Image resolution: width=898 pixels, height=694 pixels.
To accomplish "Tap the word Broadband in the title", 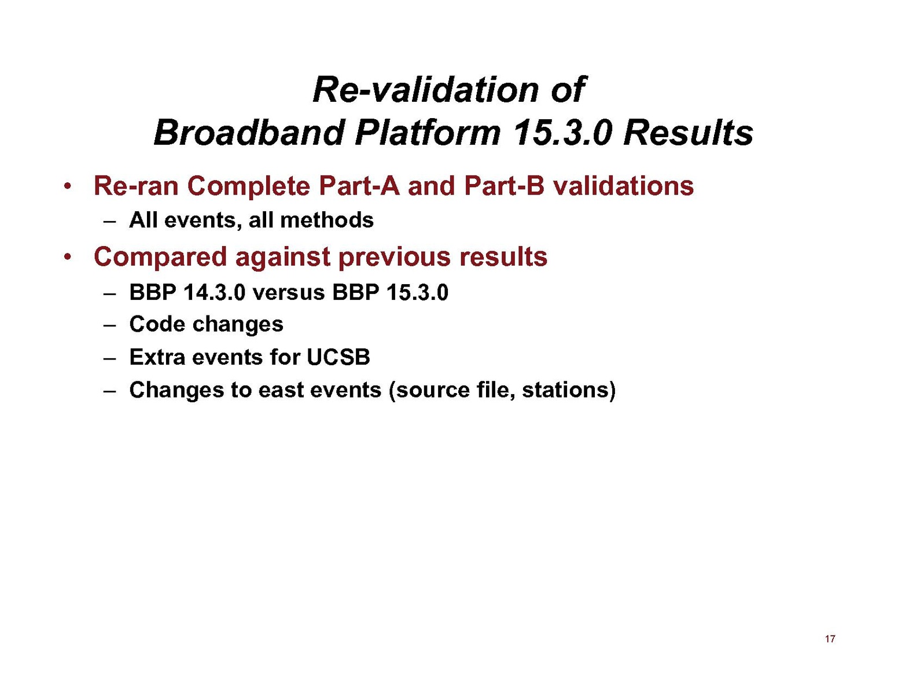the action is (x=249, y=133).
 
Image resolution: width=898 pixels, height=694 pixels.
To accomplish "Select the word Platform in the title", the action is (x=428, y=133).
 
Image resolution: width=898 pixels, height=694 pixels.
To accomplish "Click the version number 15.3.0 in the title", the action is (x=562, y=133).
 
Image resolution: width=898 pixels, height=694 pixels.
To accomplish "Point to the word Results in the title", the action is (x=688, y=133).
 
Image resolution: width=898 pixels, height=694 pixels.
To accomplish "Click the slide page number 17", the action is (x=830, y=638).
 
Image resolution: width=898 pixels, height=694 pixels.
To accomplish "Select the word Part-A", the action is (x=359, y=186).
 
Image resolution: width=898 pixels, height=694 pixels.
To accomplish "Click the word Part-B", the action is (x=504, y=186).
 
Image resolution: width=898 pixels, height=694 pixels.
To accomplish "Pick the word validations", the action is (x=624, y=186).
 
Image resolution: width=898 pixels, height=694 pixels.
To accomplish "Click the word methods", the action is (x=327, y=220).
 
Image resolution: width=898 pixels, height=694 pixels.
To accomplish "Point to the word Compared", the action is (x=160, y=256).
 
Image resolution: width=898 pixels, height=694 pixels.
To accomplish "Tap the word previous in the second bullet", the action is (x=394, y=256).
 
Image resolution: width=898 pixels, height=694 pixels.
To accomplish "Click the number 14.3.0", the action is (x=214, y=293).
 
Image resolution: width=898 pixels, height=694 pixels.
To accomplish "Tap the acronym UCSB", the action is (x=338, y=357).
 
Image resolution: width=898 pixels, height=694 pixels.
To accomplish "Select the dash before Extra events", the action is (x=109, y=358).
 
